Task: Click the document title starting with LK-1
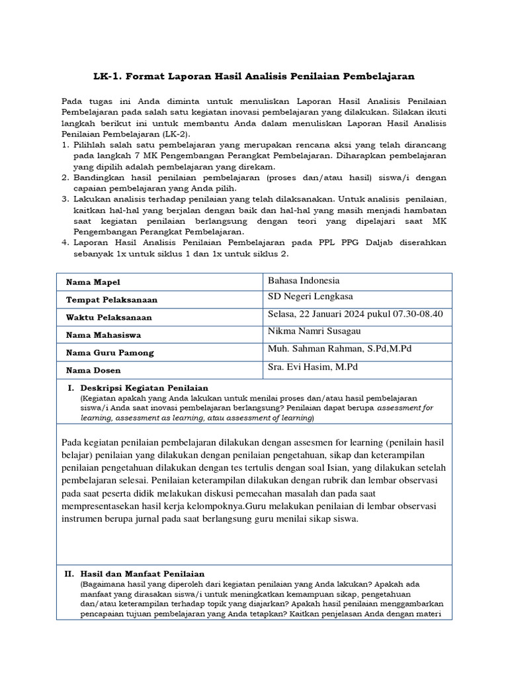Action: pos(253,77)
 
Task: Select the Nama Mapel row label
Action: pos(89,283)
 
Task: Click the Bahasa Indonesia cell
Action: pos(303,280)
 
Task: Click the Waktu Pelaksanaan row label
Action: pos(108,317)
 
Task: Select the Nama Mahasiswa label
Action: pos(103,335)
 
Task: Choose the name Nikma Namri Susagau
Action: pos(314,331)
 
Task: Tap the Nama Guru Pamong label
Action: pos(110,353)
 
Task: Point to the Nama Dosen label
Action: pos(93,370)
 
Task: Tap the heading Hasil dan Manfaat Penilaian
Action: pos(142,573)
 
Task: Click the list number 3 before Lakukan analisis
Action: pos(65,199)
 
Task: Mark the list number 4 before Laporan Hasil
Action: pos(65,242)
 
